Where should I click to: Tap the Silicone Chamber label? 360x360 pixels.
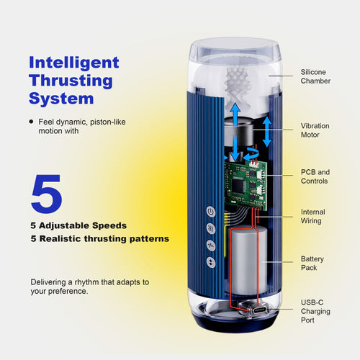pos(315,76)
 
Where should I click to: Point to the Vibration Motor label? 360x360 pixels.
pos(315,130)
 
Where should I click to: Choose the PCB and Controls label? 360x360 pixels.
pos(315,177)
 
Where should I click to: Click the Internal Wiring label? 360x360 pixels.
pos(312,217)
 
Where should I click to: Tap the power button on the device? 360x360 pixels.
pos(210,212)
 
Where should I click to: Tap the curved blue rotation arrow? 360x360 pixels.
pos(251,156)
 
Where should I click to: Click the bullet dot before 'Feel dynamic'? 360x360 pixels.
pos(31,122)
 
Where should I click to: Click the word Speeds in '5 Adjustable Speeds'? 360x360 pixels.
pos(111,225)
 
